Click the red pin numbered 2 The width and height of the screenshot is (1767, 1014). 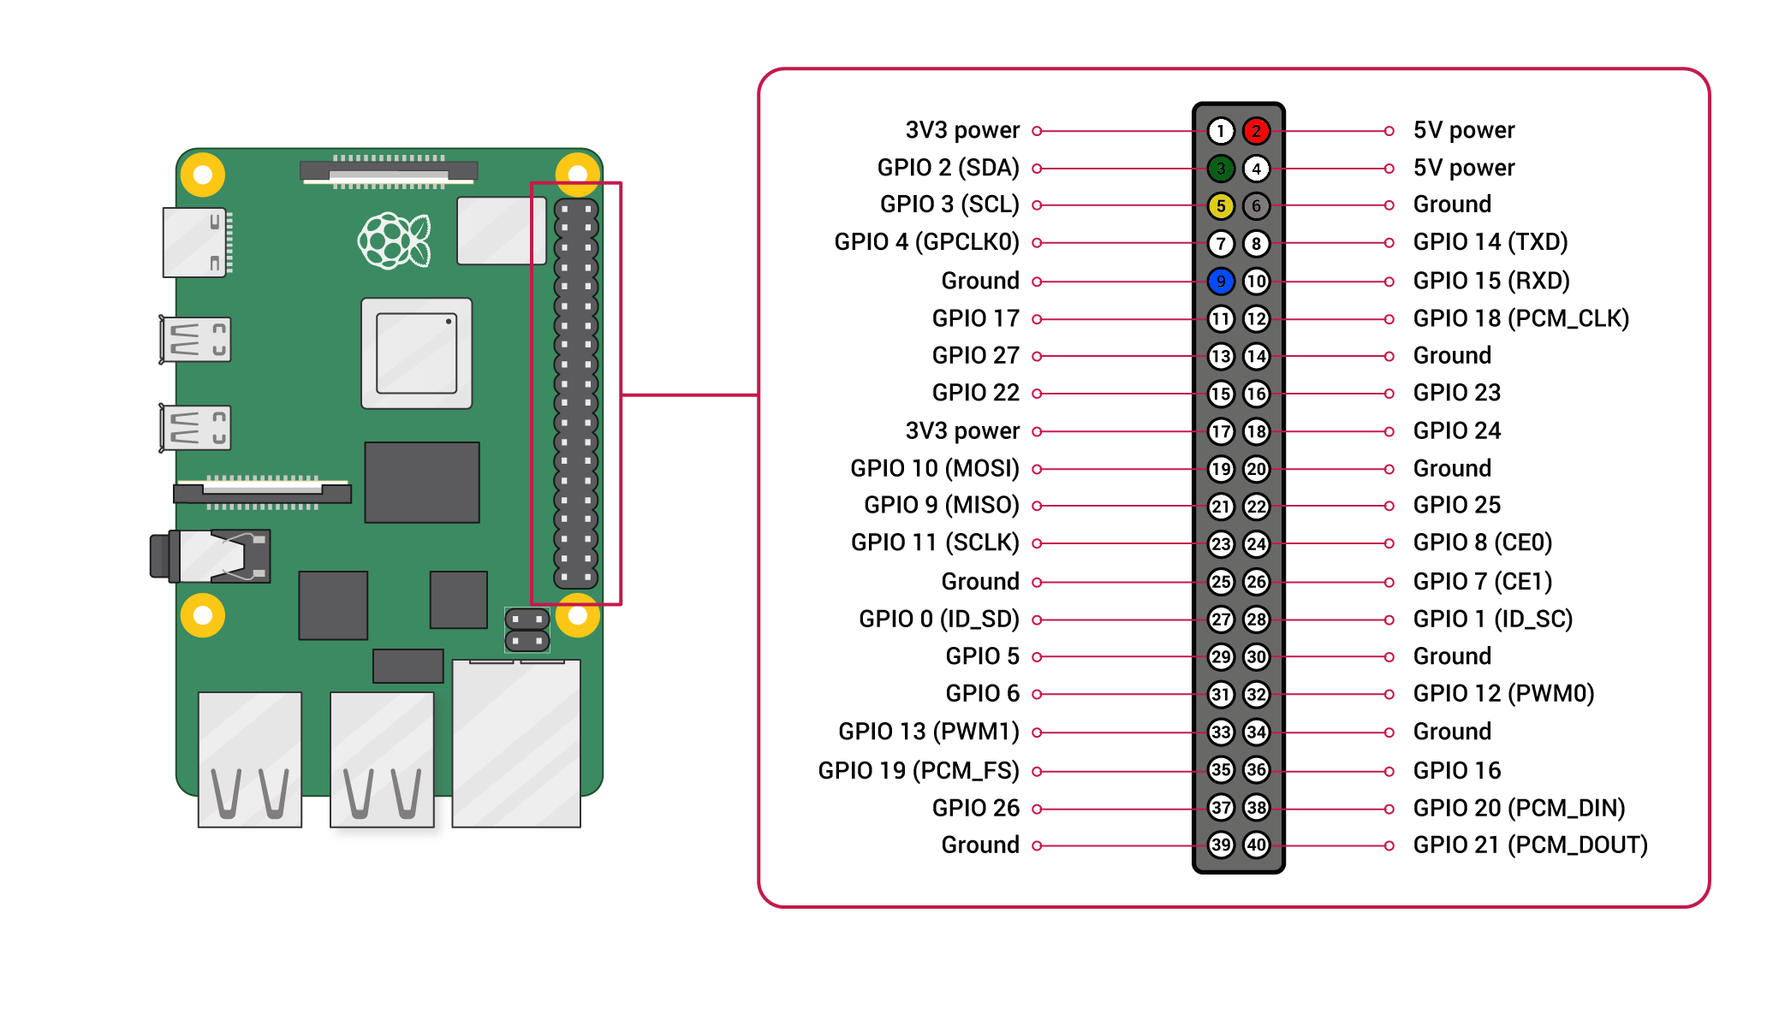pyautogui.click(x=1256, y=131)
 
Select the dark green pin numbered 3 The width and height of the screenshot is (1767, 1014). pyautogui.click(x=1221, y=169)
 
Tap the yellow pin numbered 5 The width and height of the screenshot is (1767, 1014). pyautogui.click(x=1221, y=206)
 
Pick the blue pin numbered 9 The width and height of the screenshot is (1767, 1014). pyautogui.click(x=1221, y=281)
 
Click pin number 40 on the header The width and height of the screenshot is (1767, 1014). pyautogui.click(x=1256, y=845)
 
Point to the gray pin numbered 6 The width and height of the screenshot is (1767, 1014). pyautogui.click(x=1256, y=206)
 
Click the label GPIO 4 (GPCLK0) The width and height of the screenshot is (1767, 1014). pyautogui.click(x=926, y=242)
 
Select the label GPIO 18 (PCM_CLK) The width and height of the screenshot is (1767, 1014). pyautogui.click(x=1520, y=318)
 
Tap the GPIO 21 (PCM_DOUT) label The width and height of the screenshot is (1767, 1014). pyautogui.click(x=1530, y=845)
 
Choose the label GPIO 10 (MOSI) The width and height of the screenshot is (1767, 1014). pyautogui.click(x=934, y=469)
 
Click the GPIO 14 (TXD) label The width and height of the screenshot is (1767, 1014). pyautogui.click(x=1490, y=242)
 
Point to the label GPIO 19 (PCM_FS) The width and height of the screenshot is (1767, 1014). pyautogui.click(x=918, y=771)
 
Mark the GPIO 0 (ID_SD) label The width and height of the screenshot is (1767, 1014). pyautogui.click(x=938, y=620)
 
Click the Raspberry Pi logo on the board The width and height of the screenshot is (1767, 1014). pyautogui.click(x=394, y=240)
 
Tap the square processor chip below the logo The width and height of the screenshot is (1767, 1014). pyautogui.click(x=417, y=353)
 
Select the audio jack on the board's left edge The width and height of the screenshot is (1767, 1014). pyautogui.click(x=210, y=556)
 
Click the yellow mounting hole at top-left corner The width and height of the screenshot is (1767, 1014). pyautogui.click(x=203, y=175)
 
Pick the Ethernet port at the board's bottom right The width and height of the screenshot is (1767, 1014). pyautogui.click(x=516, y=743)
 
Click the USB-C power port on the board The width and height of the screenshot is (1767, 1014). pyautogui.click(x=195, y=243)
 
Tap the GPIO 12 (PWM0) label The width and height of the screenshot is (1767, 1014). pyautogui.click(x=1503, y=694)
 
